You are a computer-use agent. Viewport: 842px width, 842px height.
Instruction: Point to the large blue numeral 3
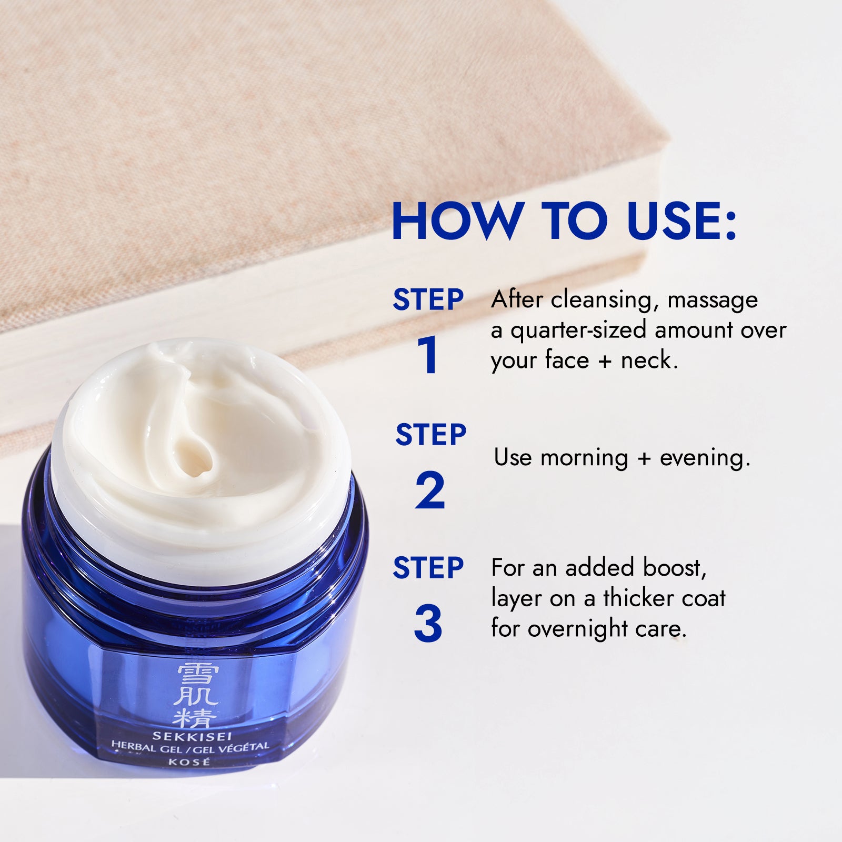pyautogui.click(x=428, y=624)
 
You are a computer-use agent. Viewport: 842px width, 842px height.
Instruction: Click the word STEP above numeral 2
pyautogui.click(x=430, y=435)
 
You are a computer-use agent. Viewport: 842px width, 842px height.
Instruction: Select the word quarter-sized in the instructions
pyautogui.click(x=578, y=330)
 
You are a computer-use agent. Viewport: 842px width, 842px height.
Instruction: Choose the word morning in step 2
pyautogui.click(x=584, y=458)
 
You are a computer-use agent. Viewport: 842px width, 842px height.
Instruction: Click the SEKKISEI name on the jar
pyautogui.click(x=192, y=736)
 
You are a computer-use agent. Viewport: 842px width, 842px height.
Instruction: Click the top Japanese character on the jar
pyautogui.click(x=195, y=675)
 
